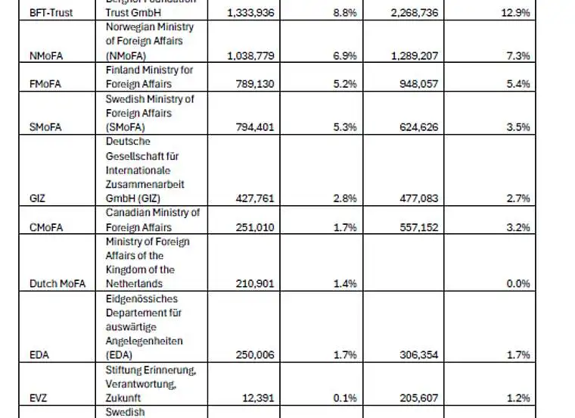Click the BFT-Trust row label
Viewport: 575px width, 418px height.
[x=50, y=13]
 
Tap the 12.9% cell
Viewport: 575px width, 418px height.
[x=514, y=13]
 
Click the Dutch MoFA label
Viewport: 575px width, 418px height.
[x=57, y=284]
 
